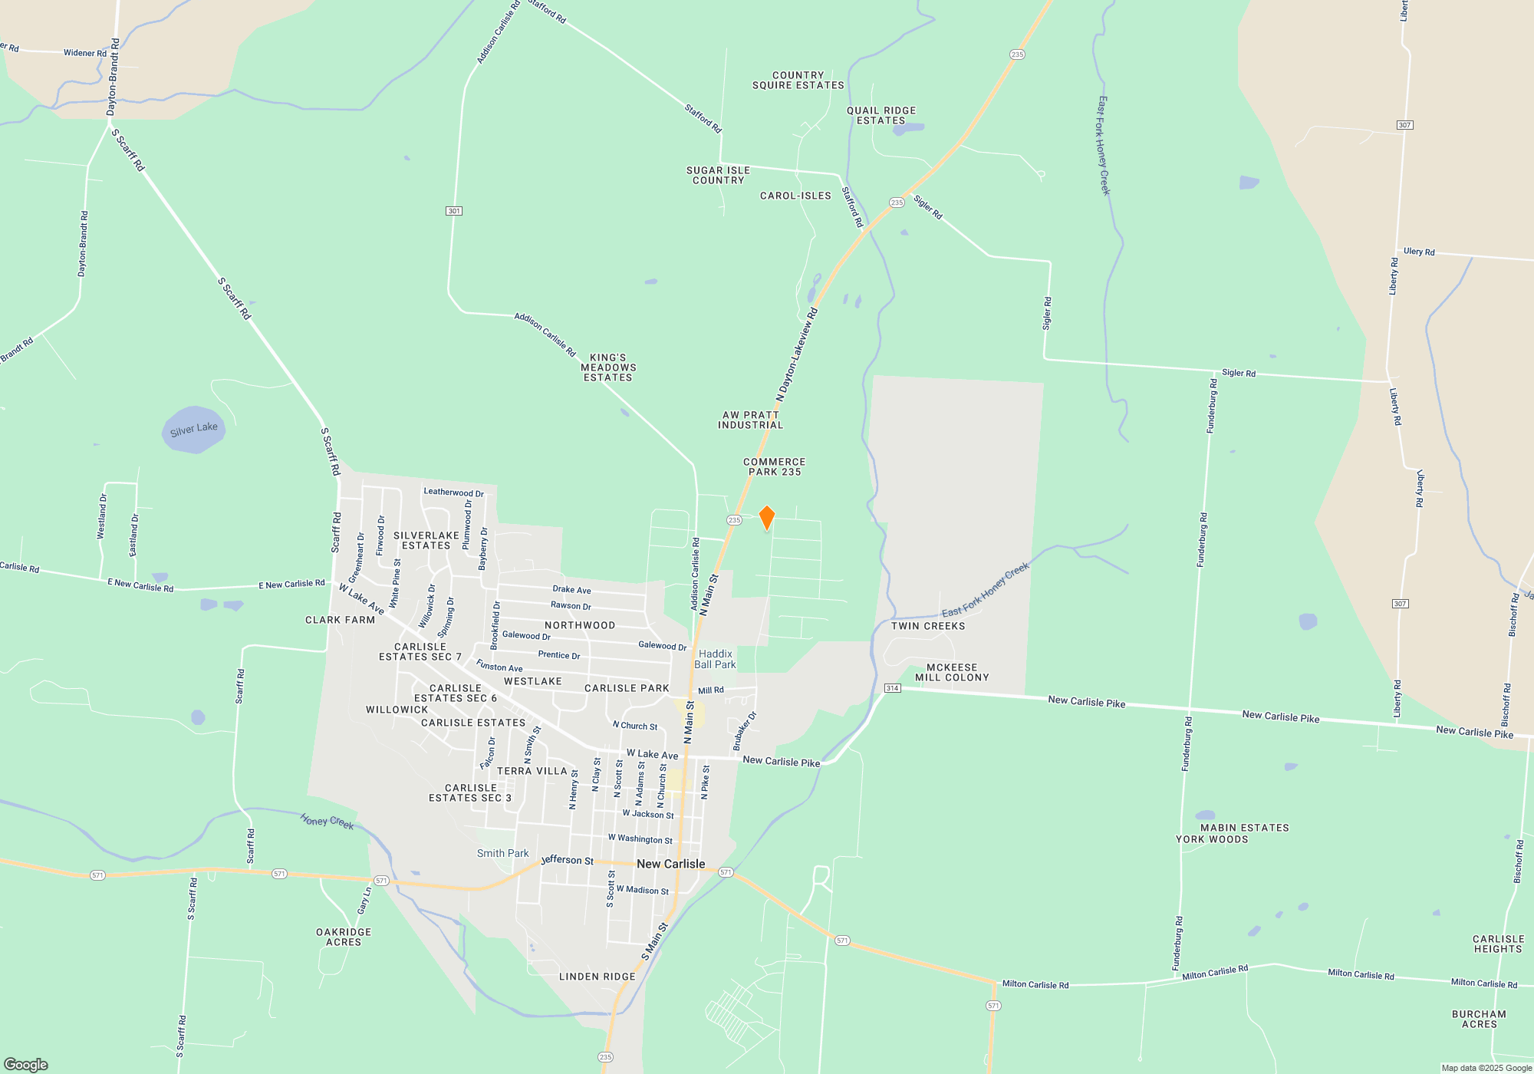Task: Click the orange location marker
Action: click(x=766, y=518)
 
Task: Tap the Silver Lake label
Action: click(x=193, y=430)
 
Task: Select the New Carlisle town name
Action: click(x=670, y=864)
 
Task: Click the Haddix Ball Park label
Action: click(x=715, y=660)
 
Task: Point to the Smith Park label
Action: click(x=502, y=853)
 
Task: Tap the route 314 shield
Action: click(x=892, y=688)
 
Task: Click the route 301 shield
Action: click(x=454, y=211)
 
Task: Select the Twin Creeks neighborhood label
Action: click(x=928, y=626)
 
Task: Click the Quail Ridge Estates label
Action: click(x=881, y=116)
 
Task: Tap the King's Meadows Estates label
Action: click(x=608, y=367)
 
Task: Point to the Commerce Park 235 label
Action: click(x=775, y=467)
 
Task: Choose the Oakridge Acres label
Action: click(x=344, y=937)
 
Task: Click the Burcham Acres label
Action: click(x=1479, y=1020)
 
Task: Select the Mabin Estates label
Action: click(x=1244, y=828)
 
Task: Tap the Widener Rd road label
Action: click(x=85, y=53)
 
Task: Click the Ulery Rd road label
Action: click(x=1419, y=252)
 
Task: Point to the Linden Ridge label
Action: click(x=597, y=977)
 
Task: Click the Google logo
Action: click(x=26, y=1065)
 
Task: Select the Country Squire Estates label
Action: click(x=798, y=81)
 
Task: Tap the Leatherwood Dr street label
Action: click(x=453, y=493)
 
